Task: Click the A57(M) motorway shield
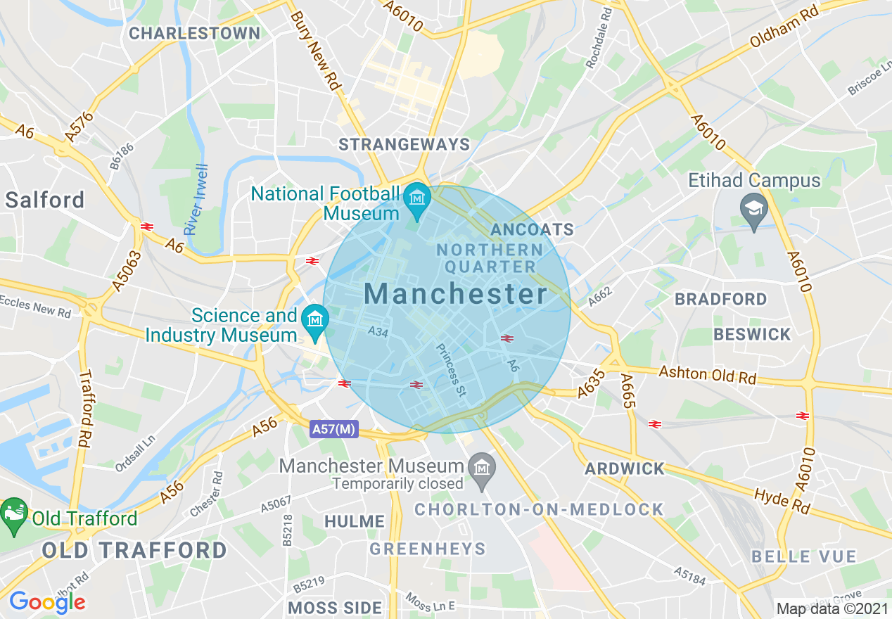click(334, 428)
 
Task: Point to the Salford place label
click(44, 200)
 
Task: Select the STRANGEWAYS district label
click(404, 145)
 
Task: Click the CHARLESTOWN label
click(194, 33)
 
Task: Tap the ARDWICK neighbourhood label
click(625, 468)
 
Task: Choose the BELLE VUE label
click(804, 557)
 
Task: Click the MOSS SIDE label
click(335, 607)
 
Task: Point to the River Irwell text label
click(196, 199)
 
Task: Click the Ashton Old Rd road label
click(707, 375)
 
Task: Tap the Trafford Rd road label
click(85, 419)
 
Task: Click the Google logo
click(47, 602)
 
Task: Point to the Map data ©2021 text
click(832, 608)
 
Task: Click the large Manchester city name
click(456, 294)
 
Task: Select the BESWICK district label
click(752, 334)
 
